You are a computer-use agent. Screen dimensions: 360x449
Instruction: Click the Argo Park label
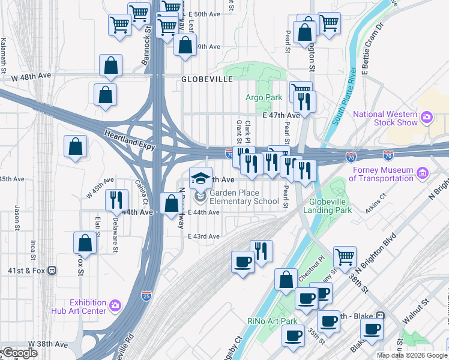(x=264, y=97)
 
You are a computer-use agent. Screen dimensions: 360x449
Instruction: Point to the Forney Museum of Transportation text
(x=381, y=174)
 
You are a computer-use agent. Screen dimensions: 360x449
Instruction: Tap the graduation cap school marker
(x=200, y=178)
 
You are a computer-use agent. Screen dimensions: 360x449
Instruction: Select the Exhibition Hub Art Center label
(x=88, y=307)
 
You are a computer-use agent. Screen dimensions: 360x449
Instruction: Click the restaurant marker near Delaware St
(x=116, y=200)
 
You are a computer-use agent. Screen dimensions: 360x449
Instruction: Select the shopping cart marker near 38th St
(x=345, y=256)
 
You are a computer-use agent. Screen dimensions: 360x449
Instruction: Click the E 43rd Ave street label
(x=203, y=236)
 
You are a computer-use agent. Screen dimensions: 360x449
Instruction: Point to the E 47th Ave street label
(x=281, y=115)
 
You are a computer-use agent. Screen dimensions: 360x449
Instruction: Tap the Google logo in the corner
(x=19, y=353)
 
